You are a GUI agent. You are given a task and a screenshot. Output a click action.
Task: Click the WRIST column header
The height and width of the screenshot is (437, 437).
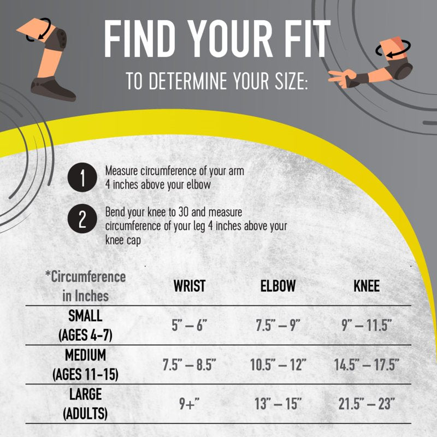[190, 286]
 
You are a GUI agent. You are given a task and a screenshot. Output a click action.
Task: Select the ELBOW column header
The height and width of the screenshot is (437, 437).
[278, 286]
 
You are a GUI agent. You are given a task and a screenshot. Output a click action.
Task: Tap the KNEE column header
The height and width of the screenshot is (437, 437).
[367, 286]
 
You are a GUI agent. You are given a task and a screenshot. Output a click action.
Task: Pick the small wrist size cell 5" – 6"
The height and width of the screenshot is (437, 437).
[190, 325]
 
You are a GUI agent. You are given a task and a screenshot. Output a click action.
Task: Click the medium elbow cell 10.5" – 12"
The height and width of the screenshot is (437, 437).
[278, 364]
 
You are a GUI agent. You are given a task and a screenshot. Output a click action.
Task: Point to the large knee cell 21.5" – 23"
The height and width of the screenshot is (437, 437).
[367, 404]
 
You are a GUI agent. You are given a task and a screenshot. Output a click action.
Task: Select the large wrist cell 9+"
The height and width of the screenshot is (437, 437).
[189, 404]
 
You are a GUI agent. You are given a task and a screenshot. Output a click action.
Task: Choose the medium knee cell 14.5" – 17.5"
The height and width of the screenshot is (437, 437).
[367, 364]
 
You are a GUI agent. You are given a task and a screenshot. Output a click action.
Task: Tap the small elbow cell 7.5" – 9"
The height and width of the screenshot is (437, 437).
[278, 325]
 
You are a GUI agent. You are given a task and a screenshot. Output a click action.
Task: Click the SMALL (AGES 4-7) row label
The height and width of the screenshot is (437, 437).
[85, 325]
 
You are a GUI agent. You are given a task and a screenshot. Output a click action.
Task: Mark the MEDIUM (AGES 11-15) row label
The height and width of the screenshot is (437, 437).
[85, 364]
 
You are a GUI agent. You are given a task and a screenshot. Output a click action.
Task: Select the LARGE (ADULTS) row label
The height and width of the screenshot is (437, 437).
[85, 404]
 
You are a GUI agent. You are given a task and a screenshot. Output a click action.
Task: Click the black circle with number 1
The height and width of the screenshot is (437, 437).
[82, 177]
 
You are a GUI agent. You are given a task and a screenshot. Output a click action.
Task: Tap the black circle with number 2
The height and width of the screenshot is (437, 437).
[82, 218]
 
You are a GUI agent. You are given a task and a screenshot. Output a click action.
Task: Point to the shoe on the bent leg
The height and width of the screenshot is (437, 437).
[51, 89]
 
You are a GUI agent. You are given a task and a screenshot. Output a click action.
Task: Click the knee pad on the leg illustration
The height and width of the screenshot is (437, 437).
[57, 39]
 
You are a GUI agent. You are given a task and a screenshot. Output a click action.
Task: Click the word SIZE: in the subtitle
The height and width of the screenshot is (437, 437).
[291, 81]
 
